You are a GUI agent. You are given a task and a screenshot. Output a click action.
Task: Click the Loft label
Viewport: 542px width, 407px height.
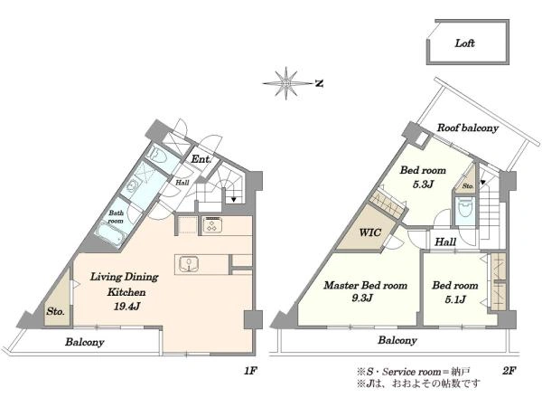(464, 43)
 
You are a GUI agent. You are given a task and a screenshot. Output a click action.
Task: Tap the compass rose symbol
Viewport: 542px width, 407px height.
(286, 83)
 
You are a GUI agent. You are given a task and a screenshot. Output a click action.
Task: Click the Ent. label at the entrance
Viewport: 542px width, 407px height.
(201, 159)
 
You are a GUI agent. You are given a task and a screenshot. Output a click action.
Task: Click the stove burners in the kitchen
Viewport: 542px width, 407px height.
(212, 225)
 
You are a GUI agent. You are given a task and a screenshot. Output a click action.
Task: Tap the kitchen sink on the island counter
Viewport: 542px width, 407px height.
(189, 264)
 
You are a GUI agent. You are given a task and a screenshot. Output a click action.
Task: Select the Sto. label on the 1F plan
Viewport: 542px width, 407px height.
(55, 311)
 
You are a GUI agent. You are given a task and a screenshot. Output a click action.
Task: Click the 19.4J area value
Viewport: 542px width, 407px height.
(126, 307)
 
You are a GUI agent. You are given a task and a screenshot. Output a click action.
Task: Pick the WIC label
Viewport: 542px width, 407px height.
(369, 232)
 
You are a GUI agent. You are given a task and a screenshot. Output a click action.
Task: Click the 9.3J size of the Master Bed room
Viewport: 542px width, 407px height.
(362, 298)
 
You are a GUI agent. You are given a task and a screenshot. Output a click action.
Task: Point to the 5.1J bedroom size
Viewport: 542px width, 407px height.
(455, 299)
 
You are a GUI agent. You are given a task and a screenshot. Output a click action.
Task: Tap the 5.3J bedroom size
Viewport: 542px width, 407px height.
(423, 185)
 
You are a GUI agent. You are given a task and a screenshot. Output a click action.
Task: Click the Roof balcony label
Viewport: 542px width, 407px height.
(468, 128)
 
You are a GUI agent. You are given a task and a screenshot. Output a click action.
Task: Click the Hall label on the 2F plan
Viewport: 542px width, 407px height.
(445, 241)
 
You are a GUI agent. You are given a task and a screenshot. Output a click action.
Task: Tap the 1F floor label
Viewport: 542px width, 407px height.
(250, 371)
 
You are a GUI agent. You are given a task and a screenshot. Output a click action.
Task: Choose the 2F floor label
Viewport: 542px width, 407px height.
(509, 371)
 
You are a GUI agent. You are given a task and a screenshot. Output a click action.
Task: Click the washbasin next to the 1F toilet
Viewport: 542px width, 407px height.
(133, 187)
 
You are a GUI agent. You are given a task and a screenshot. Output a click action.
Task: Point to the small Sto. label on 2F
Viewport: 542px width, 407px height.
(468, 186)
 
